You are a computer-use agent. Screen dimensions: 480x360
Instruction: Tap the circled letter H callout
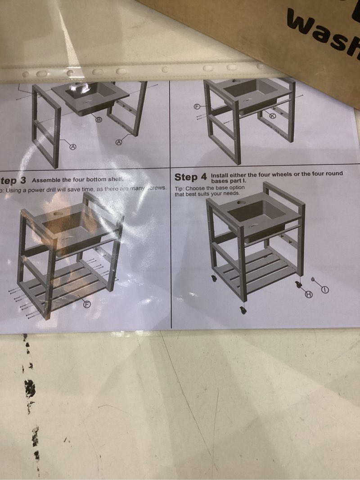(x=309, y=294)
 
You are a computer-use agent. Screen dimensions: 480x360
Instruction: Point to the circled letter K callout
(x=272, y=116)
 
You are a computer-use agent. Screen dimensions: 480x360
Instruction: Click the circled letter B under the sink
(x=99, y=119)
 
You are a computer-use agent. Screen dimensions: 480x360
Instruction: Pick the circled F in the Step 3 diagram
(x=87, y=305)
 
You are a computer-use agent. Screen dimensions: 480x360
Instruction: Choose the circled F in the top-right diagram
(x=197, y=106)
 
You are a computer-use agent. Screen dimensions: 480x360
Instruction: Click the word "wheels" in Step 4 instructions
(x=281, y=174)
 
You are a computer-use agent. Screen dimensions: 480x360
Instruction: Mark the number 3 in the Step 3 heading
(x=23, y=180)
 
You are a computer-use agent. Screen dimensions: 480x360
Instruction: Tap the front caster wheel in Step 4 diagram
(x=243, y=310)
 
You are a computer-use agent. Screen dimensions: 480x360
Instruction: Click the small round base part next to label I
(x=312, y=278)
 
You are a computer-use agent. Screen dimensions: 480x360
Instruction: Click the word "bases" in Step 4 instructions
(x=220, y=180)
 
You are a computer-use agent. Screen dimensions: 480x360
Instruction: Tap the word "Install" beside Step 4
(x=220, y=175)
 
